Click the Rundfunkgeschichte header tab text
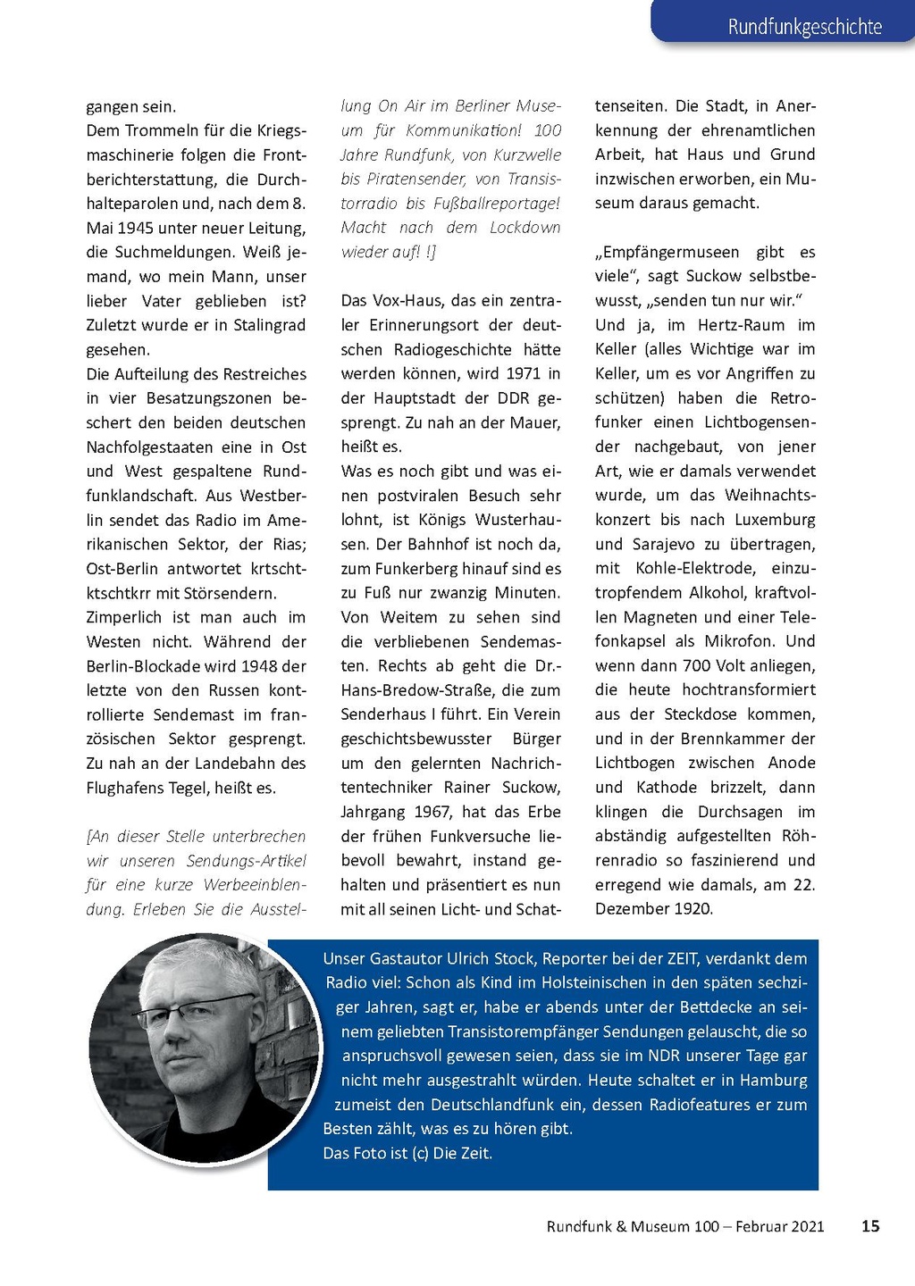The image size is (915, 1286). (x=804, y=27)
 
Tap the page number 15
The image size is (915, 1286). (x=870, y=1226)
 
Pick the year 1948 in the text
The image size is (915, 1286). (x=260, y=666)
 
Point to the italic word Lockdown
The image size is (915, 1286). (x=525, y=228)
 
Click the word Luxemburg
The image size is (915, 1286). (x=775, y=520)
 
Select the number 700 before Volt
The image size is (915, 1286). (x=697, y=665)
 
